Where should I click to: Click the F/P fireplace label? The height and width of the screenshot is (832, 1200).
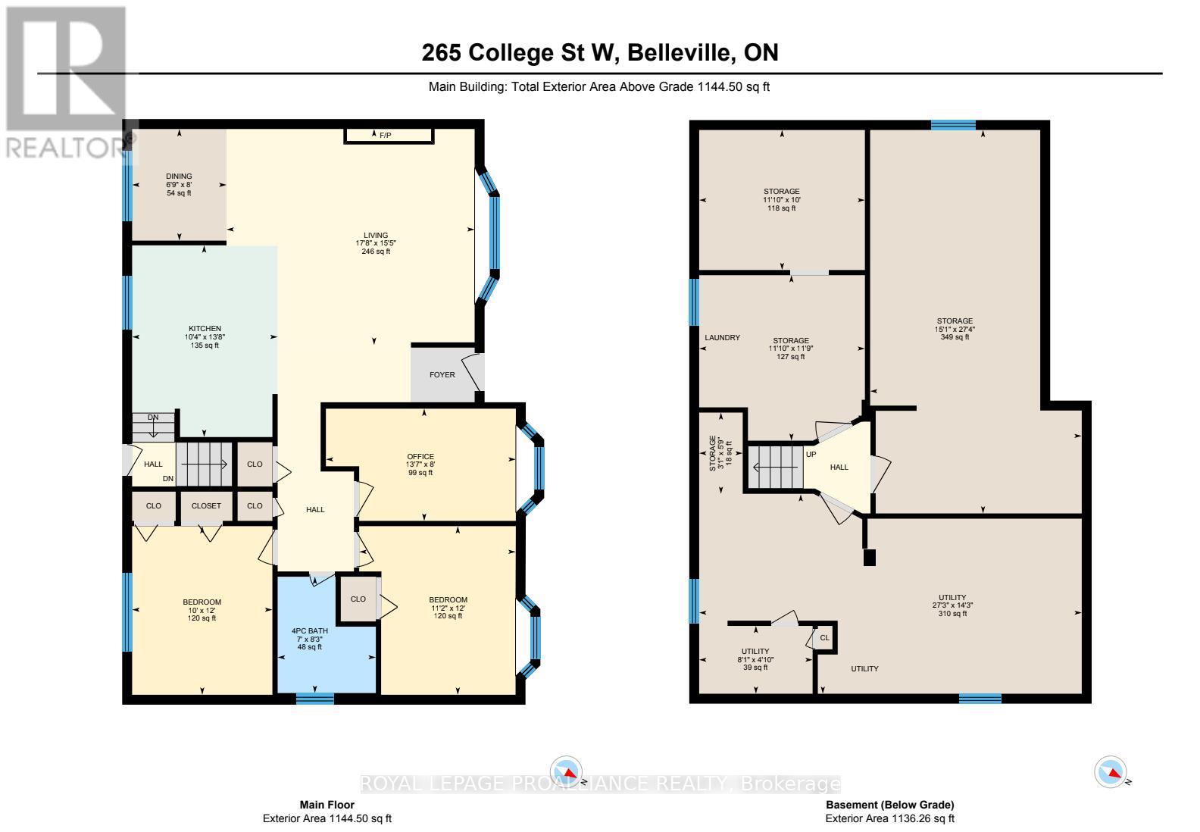pos(385,136)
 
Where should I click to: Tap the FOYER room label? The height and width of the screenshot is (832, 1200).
pos(442,374)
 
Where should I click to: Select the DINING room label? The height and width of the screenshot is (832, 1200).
pos(179,177)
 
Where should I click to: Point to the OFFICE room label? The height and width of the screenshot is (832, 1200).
pos(420,456)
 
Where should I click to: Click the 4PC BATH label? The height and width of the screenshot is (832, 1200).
pos(309,630)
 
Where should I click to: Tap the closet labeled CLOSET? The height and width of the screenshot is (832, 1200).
pos(206,506)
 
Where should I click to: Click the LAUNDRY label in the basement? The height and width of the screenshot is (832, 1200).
pos(722,338)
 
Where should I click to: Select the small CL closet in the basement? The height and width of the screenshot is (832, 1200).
pos(824,638)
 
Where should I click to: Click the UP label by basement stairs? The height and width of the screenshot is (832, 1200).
pos(811,455)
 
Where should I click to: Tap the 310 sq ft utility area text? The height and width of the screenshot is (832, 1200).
pos(949,614)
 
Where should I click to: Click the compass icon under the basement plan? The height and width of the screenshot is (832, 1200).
pos(1109,771)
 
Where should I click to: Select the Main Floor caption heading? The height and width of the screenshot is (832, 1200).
pos(327,805)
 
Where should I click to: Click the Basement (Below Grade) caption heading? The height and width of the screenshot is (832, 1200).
pos(889,805)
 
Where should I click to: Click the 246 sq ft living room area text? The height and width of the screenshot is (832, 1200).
pos(376,252)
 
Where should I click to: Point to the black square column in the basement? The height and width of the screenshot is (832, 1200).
pos(869,558)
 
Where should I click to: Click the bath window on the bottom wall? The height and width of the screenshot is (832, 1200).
pos(314,699)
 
